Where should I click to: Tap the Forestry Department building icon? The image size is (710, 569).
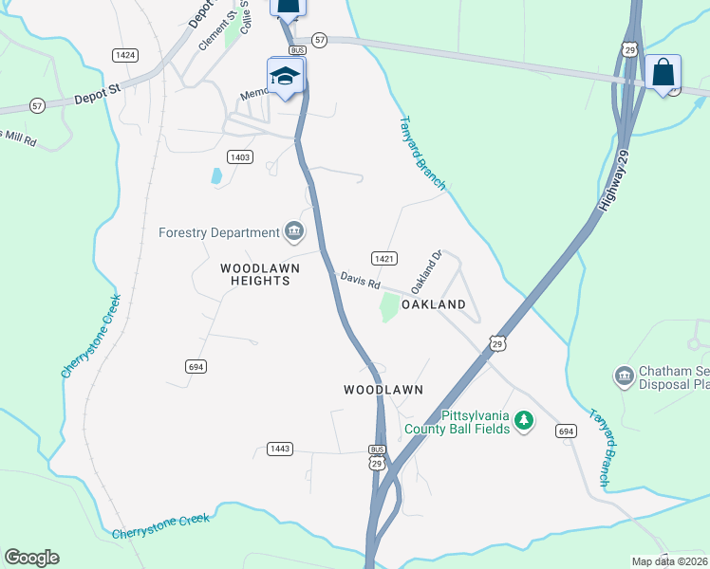tap(293, 231)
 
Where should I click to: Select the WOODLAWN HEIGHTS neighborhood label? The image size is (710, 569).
tap(260, 275)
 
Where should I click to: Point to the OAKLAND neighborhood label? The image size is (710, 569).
tap(434, 304)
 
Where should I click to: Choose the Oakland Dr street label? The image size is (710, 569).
tap(427, 271)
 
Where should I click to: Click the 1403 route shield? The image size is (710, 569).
tap(239, 156)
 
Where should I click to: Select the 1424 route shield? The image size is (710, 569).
tap(124, 55)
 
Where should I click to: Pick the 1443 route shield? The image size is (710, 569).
tap(280, 449)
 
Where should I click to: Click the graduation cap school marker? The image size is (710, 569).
tap(285, 75)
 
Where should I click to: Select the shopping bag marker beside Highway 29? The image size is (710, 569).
tap(663, 71)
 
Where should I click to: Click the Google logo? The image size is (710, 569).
tap(31, 558)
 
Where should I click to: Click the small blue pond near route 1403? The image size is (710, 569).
tap(216, 175)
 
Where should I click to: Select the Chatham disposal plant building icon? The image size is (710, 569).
tap(624, 376)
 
